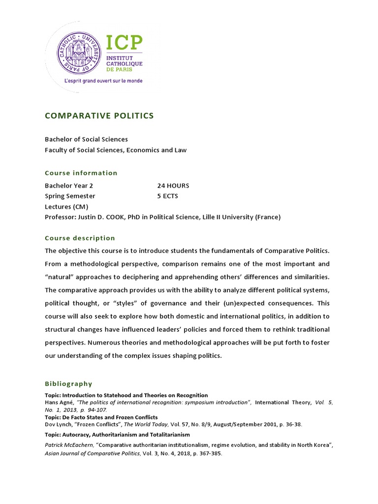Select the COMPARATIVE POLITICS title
[x=99, y=116]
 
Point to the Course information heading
[x=81, y=173]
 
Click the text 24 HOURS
[x=173, y=186]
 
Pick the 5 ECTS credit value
[x=167, y=196]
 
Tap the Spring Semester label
[x=70, y=196]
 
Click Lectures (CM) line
[x=66, y=207]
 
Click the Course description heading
[x=80, y=238]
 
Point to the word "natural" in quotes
[x=59, y=278]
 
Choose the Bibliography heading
[x=68, y=384]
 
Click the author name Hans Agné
[x=59, y=403]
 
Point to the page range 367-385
[x=210, y=453]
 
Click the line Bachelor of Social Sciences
[x=86, y=139]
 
